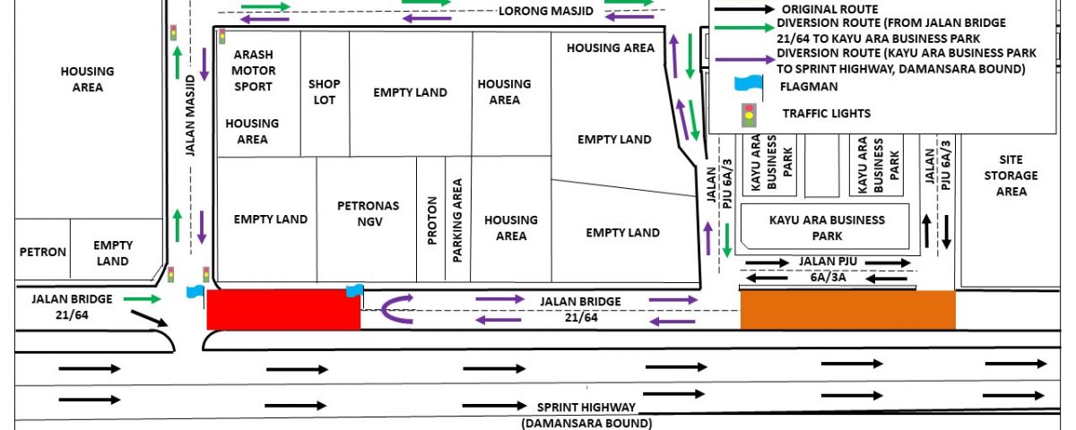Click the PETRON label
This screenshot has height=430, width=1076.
43,252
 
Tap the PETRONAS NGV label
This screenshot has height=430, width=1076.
369,213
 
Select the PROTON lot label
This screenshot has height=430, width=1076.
432,220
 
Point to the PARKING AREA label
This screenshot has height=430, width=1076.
457,220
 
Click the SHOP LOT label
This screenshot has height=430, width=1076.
325,91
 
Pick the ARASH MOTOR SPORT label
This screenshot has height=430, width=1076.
253,71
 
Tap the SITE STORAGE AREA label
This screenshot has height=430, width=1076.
1011,176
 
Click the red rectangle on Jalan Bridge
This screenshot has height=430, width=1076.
283,310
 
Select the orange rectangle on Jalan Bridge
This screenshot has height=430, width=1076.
848,310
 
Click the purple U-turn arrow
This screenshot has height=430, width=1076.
385,309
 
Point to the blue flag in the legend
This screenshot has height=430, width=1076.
749,83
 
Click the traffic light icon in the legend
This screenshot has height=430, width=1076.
749,116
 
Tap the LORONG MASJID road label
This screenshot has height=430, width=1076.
546,11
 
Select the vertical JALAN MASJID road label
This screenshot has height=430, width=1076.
190,116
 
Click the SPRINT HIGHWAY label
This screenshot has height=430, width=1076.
586,408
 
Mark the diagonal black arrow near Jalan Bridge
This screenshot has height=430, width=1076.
150,319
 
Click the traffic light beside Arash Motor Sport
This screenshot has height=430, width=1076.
222,37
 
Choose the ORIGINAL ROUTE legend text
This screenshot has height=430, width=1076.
830,9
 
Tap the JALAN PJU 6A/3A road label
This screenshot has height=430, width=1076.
829,270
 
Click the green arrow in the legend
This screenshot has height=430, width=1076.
744,28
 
